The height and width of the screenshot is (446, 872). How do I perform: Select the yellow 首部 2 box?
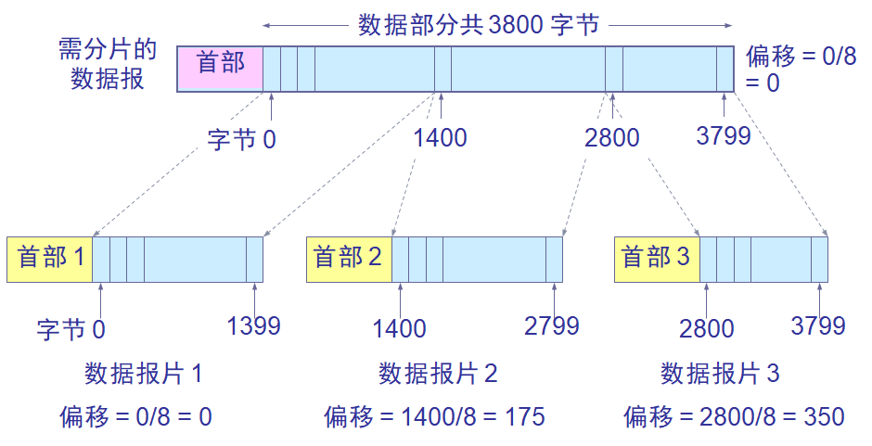pyautogui.click(x=349, y=259)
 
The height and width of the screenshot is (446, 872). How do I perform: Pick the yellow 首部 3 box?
pyautogui.click(x=656, y=259)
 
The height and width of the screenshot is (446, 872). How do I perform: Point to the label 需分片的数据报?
pyautogui.click(x=108, y=65)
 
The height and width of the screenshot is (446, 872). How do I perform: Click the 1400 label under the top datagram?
pyautogui.click(x=441, y=139)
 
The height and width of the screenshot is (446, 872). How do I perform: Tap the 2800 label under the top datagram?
pyautogui.click(x=612, y=139)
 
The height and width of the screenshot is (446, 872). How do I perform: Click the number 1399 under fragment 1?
pyautogui.click(x=253, y=325)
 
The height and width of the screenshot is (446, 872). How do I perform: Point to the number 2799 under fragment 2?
pyautogui.click(x=552, y=325)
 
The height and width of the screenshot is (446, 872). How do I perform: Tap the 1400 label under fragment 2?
pyautogui.click(x=400, y=328)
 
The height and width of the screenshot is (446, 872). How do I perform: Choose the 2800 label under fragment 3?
pyautogui.click(x=706, y=328)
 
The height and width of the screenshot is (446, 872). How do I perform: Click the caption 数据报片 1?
pyautogui.click(x=144, y=375)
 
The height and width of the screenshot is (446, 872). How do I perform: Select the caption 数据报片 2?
pyautogui.click(x=438, y=375)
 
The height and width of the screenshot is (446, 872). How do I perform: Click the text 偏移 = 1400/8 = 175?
pyautogui.click(x=434, y=417)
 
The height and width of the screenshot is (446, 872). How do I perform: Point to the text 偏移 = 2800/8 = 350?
pyautogui.click(x=734, y=417)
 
